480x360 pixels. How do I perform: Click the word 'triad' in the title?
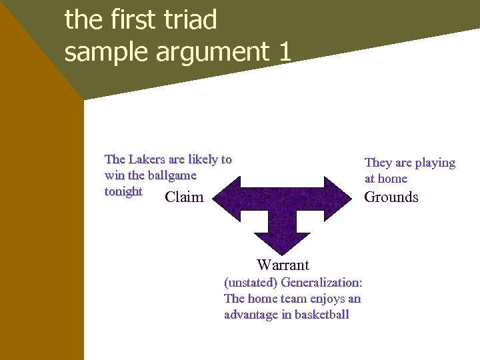(x=190, y=20)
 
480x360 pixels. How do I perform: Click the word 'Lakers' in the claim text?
(x=147, y=159)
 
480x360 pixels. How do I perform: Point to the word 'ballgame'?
(x=172, y=175)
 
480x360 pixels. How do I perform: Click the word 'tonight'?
(x=123, y=191)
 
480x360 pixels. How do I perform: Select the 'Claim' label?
(x=184, y=197)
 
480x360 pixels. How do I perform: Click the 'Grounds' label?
(x=391, y=197)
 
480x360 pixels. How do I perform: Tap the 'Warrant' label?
(x=283, y=265)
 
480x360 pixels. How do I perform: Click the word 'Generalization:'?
(x=321, y=282)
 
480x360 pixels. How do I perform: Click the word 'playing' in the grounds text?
(x=435, y=163)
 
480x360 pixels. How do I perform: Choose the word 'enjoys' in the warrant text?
(x=325, y=299)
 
